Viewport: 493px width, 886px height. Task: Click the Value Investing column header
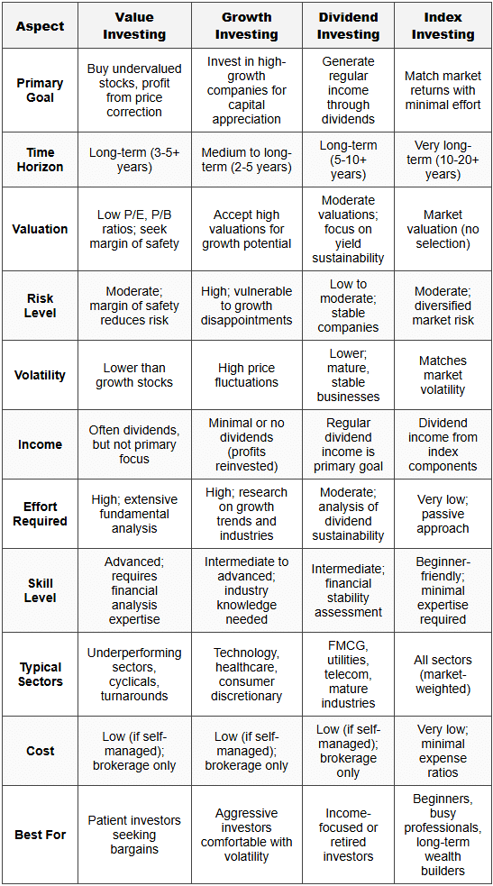134,26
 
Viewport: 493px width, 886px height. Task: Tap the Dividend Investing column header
349,26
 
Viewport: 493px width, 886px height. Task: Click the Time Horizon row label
40,160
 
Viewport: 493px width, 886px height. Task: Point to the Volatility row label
40,375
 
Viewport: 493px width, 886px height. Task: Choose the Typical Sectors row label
40,674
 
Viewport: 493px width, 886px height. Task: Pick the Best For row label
40,835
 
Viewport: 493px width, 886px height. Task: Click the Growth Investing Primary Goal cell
247,90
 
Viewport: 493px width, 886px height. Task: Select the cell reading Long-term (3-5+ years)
134,160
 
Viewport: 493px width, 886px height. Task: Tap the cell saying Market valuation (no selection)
443,229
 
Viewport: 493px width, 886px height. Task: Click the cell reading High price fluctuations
247,375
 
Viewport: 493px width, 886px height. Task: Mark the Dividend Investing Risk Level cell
349,306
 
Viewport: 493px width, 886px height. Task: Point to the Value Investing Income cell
134,444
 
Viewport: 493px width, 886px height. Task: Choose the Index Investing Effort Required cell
443,514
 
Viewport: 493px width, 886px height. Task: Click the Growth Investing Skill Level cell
247,590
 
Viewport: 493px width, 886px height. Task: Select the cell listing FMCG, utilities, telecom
349,674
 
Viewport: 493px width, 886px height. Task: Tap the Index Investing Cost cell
443,751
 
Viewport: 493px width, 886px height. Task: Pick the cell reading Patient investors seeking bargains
134,835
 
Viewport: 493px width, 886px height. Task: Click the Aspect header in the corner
40,26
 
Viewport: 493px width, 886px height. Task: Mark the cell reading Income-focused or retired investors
349,835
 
